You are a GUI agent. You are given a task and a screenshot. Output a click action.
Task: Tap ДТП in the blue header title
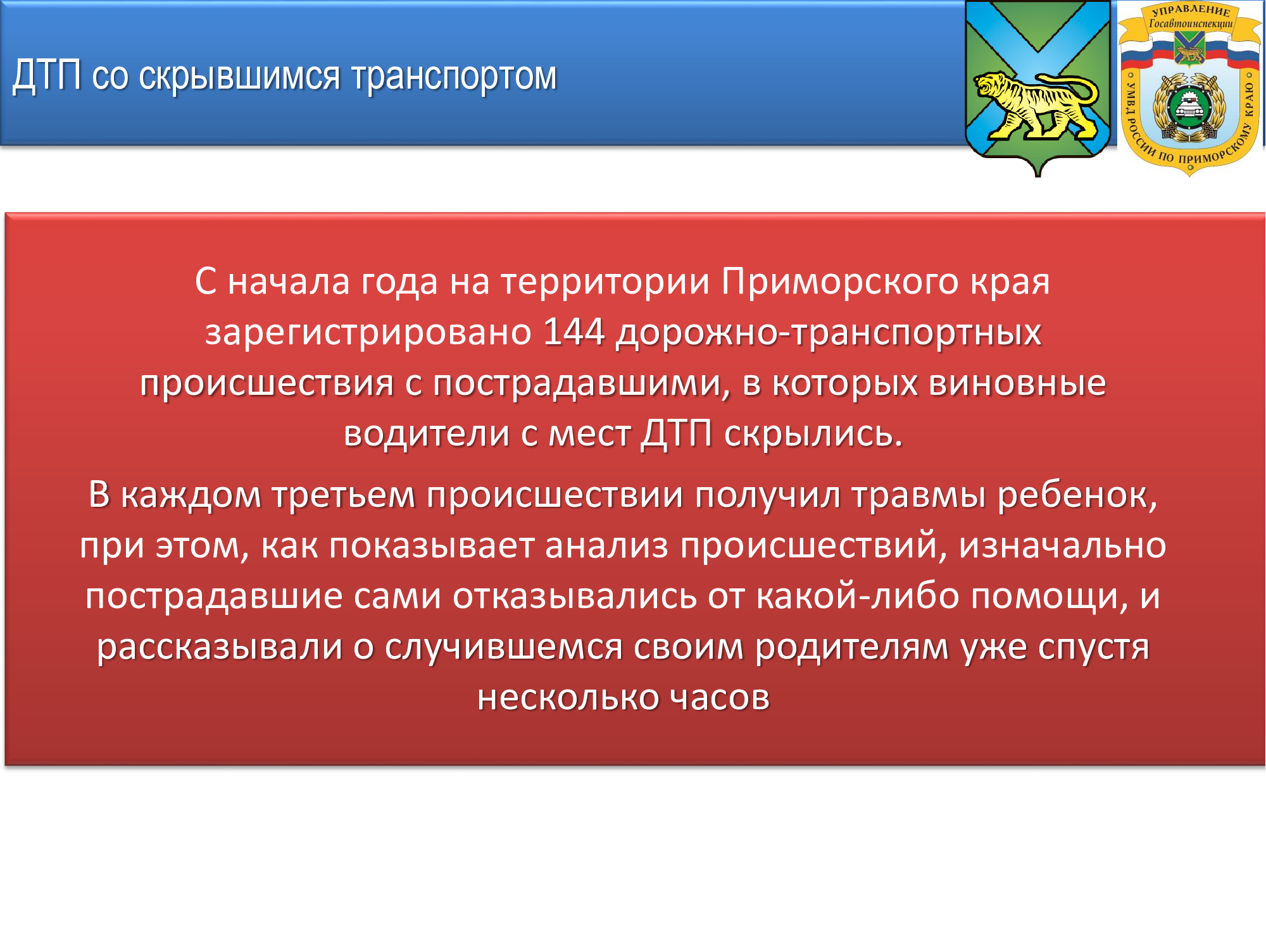click(x=47, y=76)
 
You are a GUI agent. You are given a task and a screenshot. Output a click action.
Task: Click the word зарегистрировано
click(x=368, y=333)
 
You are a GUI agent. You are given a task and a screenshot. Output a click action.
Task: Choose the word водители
click(x=427, y=434)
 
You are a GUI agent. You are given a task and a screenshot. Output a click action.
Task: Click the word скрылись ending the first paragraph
click(x=813, y=434)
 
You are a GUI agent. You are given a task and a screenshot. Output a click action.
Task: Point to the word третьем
click(x=343, y=495)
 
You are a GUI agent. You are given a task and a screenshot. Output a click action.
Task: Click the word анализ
click(x=606, y=546)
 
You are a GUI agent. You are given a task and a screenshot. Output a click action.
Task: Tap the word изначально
click(x=1062, y=546)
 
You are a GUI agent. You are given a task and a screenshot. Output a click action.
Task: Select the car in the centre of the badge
click(x=1189, y=108)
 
